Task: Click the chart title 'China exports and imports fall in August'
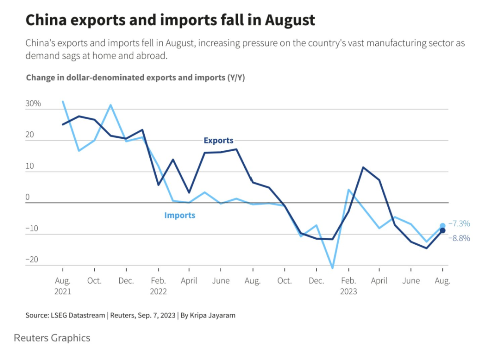tap(170, 20)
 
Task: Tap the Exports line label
tap(218, 141)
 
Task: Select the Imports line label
tap(180, 215)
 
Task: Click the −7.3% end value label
tap(459, 224)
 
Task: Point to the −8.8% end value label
tap(459, 238)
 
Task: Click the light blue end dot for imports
tap(443, 226)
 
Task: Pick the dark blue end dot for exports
tap(443, 230)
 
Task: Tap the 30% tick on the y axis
tap(33, 104)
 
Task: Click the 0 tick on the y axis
tap(28, 197)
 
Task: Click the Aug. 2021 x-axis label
tap(63, 286)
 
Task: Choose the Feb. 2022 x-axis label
tap(158, 286)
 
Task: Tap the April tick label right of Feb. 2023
tap(379, 281)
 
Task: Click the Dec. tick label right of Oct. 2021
tap(126, 281)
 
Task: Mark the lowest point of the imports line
tap(332, 268)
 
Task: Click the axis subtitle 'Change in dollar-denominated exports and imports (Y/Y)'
tap(135, 78)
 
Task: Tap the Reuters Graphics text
tap(52, 338)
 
